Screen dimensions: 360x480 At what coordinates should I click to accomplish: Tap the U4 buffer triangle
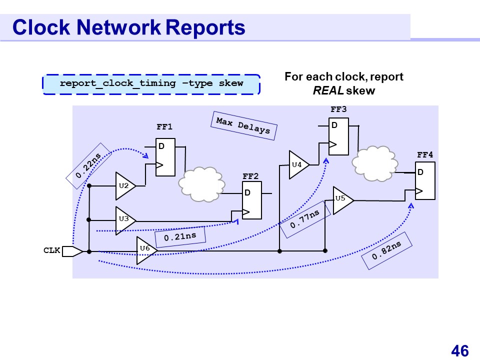click(298, 164)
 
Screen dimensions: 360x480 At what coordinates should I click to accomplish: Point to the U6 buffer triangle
click(145, 250)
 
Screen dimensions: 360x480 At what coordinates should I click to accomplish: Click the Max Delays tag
click(243, 125)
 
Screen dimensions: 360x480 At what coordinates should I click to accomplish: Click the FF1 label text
click(164, 127)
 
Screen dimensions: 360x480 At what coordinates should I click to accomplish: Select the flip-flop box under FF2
click(252, 202)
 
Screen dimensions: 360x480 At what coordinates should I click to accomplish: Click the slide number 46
click(459, 351)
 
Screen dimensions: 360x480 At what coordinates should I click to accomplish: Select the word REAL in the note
click(323, 91)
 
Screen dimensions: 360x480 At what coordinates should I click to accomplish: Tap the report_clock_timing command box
click(151, 84)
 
